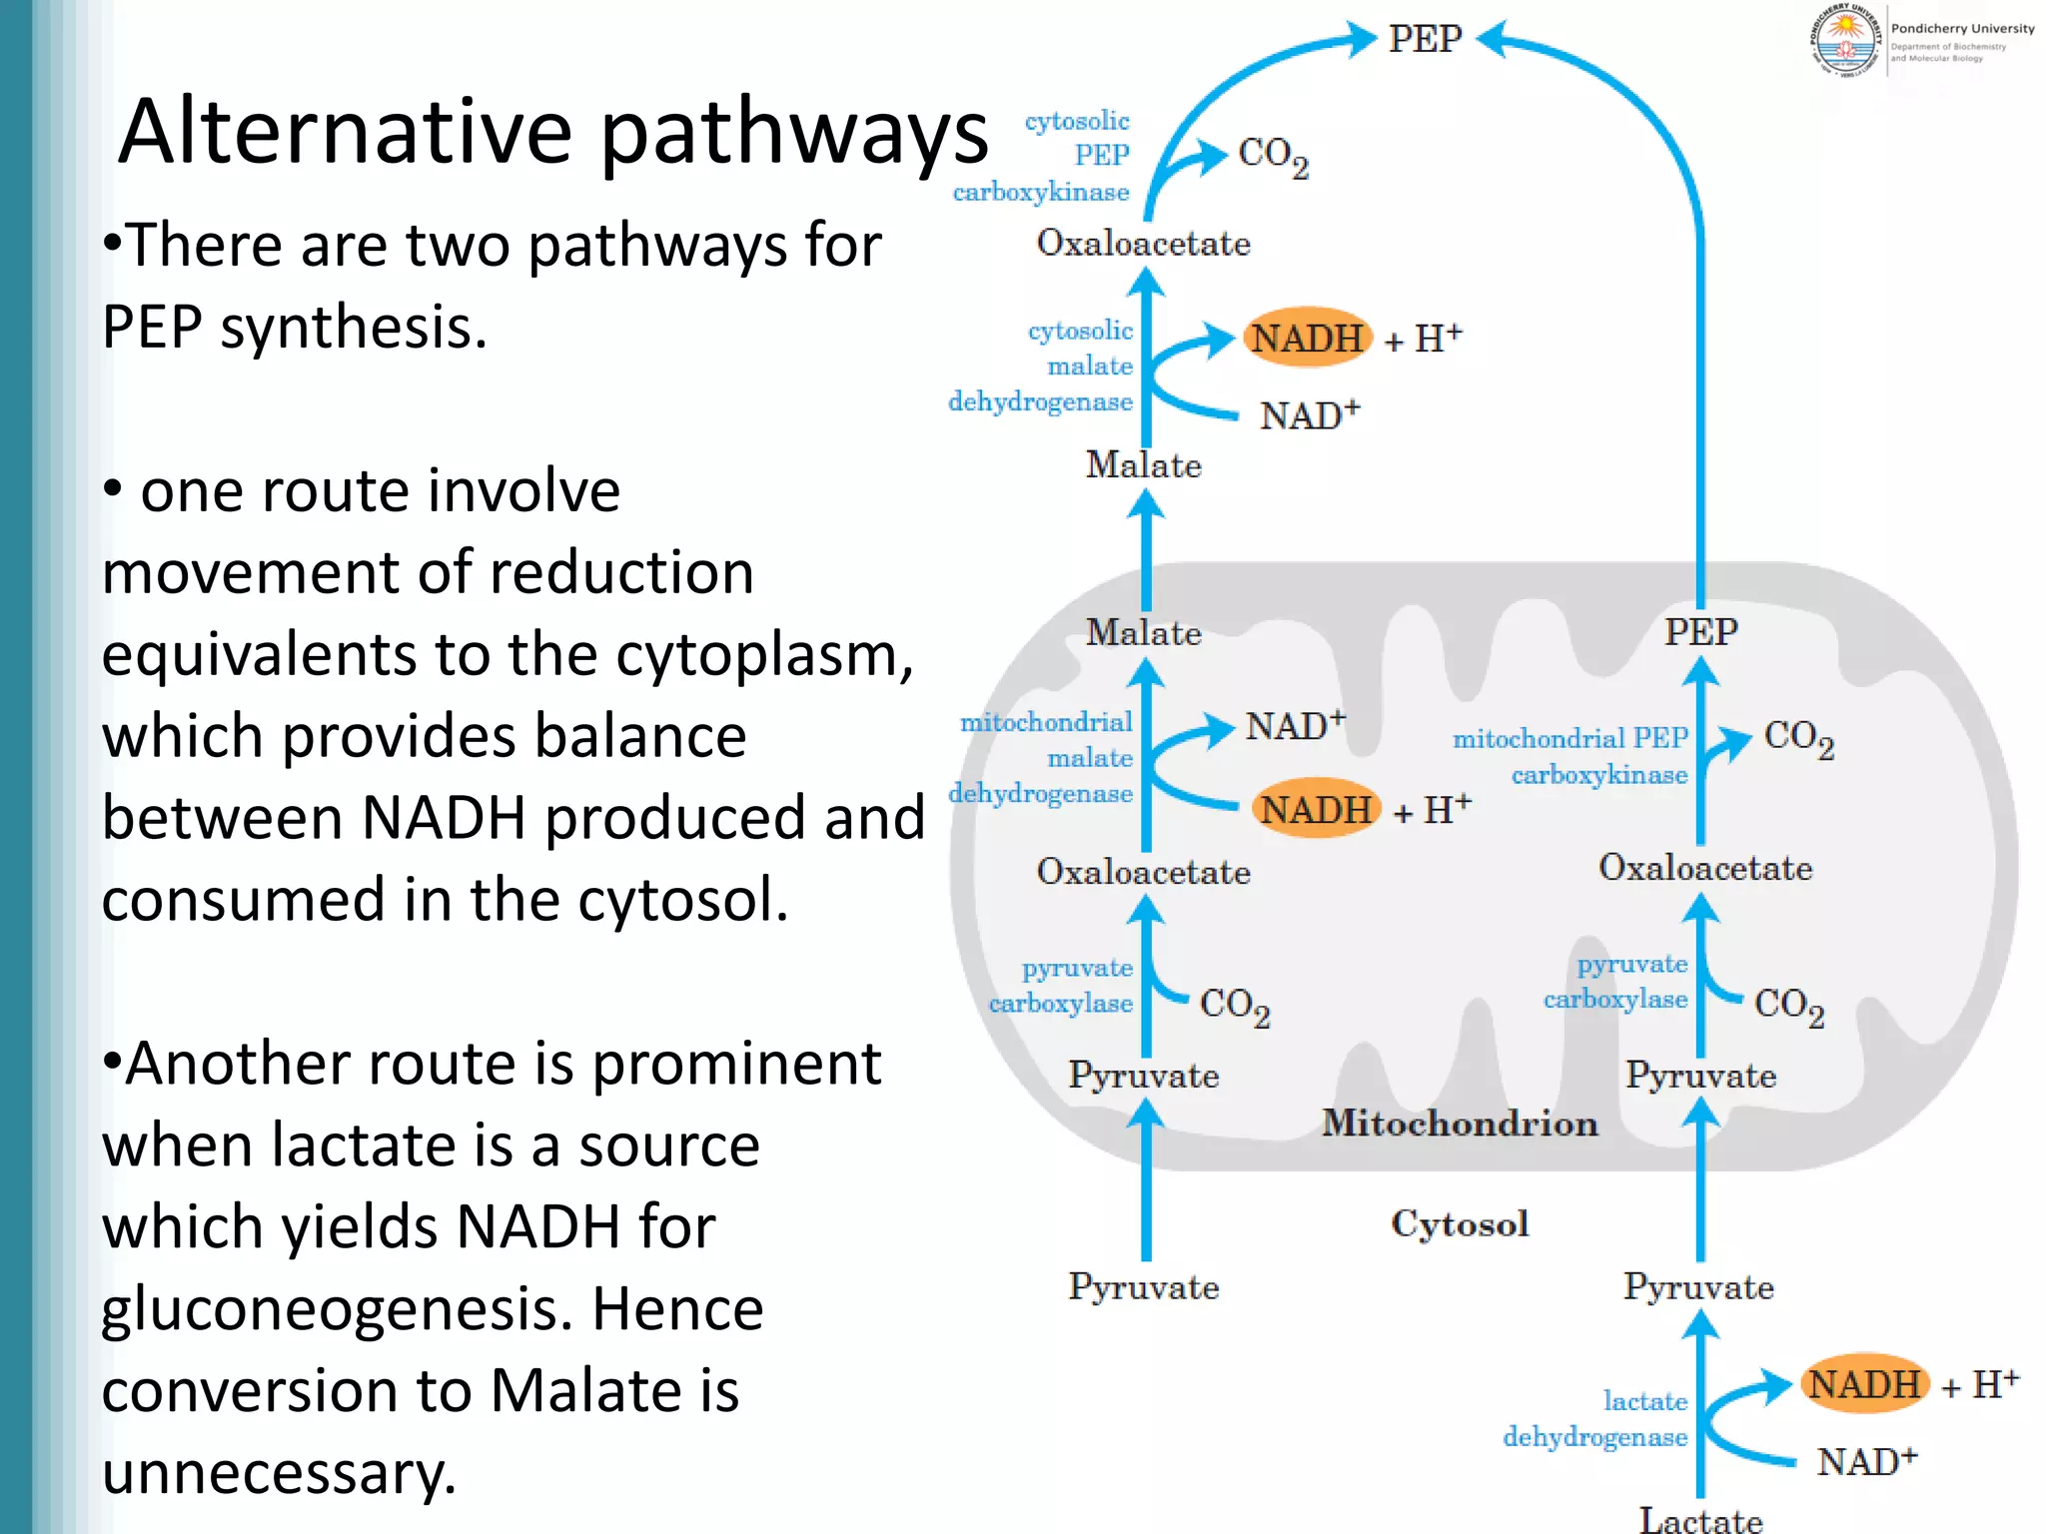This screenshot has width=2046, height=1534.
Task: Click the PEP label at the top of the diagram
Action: point(1425,40)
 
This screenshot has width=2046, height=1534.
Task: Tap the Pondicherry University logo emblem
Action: point(1844,41)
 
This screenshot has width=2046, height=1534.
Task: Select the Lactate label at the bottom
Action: point(1700,1519)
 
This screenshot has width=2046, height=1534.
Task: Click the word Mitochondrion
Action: point(1460,1124)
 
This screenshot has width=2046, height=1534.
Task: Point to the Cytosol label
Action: point(1460,1223)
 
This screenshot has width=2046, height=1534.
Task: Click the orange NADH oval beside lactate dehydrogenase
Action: point(1864,1384)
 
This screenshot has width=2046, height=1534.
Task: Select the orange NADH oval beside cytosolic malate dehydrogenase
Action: point(1308,338)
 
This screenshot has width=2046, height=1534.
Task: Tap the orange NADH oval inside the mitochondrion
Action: point(1316,809)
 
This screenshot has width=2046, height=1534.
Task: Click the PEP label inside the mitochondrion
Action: point(1700,632)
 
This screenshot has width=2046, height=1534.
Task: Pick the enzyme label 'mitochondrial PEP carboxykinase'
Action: point(1570,756)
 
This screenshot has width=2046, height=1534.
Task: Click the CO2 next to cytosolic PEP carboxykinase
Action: point(1272,156)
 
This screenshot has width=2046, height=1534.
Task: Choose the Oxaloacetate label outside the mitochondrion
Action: point(1143,243)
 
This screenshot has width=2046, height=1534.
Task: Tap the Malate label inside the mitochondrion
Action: point(1143,632)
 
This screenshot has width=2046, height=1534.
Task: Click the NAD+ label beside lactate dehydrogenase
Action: point(1865,1462)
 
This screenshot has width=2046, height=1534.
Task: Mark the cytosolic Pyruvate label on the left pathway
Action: point(1143,1286)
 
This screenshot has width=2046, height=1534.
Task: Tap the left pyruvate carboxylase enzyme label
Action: point(1062,986)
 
